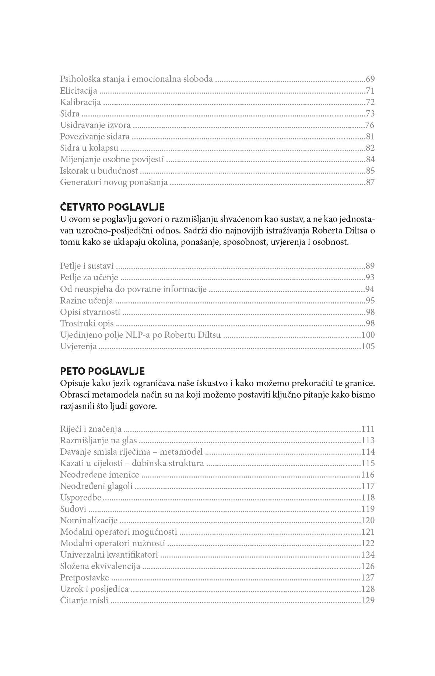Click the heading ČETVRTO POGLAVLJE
(x=112, y=207)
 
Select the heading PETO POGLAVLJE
(x=102, y=371)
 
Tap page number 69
(x=370, y=79)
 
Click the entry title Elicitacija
(x=78, y=91)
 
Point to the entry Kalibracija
(x=80, y=102)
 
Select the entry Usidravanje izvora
(x=95, y=125)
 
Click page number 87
(x=370, y=182)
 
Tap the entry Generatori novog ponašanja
(x=114, y=182)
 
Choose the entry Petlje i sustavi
(x=87, y=266)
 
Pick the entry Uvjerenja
(x=78, y=346)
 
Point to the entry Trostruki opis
(x=87, y=323)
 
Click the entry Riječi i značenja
(x=91, y=429)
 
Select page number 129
(x=368, y=600)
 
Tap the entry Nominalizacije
(x=89, y=520)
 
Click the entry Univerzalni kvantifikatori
(x=109, y=555)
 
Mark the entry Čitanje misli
(x=84, y=600)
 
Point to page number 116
(x=368, y=475)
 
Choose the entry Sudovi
(x=73, y=509)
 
